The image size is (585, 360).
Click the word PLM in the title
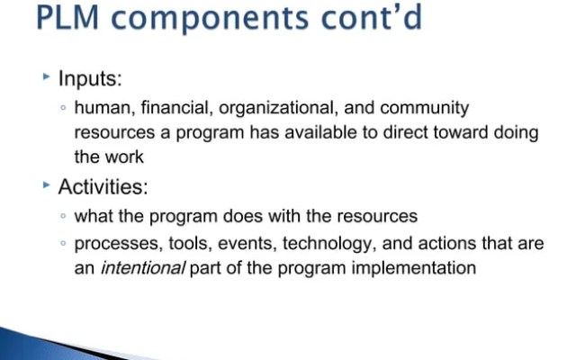pos(71,18)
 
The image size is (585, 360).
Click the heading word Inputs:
pos(90,79)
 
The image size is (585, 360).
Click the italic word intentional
pos(139,268)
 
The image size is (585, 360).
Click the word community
pos(424,109)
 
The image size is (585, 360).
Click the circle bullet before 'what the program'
pos(63,218)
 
